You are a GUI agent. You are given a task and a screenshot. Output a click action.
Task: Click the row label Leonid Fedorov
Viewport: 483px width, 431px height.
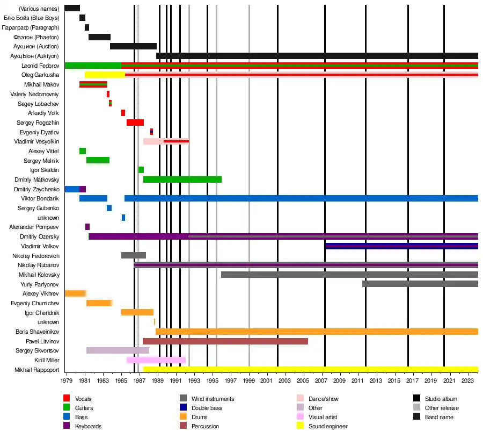(x=41, y=66)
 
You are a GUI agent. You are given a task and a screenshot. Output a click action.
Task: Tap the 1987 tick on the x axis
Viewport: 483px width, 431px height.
(x=140, y=380)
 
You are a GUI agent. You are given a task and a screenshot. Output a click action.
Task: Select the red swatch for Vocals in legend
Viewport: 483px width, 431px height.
(x=67, y=399)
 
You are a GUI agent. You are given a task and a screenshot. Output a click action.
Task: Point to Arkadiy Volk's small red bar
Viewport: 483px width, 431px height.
(x=123, y=113)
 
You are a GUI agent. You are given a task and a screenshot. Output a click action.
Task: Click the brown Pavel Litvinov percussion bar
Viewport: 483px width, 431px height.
(x=225, y=341)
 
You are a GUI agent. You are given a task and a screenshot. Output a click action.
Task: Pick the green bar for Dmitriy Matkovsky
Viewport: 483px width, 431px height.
(x=182, y=179)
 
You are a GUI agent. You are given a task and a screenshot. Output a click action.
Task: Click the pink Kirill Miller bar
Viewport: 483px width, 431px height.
(x=156, y=360)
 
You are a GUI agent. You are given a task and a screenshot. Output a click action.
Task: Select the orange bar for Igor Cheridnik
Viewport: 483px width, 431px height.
(x=137, y=312)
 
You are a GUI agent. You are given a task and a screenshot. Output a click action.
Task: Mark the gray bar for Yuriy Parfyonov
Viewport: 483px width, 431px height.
(x=420, y=284)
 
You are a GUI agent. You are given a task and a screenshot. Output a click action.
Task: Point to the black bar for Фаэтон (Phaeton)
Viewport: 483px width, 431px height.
(x=99, y=37)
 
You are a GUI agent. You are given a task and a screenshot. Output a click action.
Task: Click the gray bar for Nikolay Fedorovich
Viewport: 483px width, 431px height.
(x=134, y=255)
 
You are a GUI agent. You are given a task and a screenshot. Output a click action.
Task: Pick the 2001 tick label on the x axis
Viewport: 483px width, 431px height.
(x=267, y=380)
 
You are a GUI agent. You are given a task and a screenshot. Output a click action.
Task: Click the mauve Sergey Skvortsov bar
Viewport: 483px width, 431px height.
(x=118, y=350)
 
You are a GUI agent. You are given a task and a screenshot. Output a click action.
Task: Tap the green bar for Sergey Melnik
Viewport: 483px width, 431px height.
(x=98, y=160)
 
